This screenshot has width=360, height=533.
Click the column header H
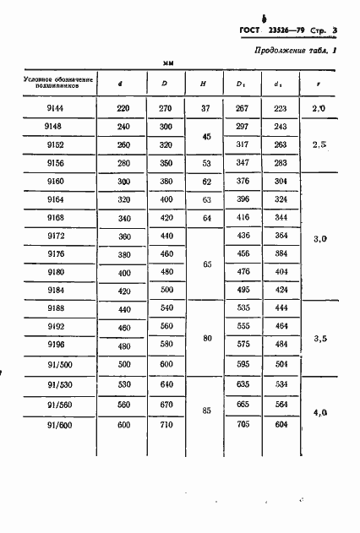pyautogui.click(x=202, y=83)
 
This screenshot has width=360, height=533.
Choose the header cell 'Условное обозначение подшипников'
pyautogui.click(x=52, y=83)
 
